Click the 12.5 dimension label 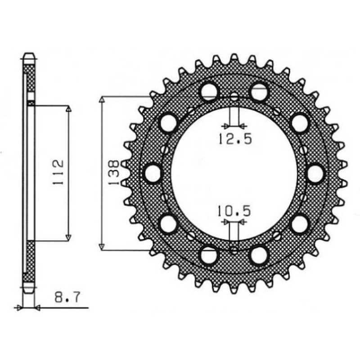tap(234, 139)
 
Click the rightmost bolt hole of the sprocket tap(316, 172)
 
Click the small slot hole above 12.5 tap(234, 99)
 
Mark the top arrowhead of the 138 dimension tap(102, 99)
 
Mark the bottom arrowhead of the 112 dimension tap(68, 237)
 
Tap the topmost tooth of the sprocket tap(234, 58)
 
